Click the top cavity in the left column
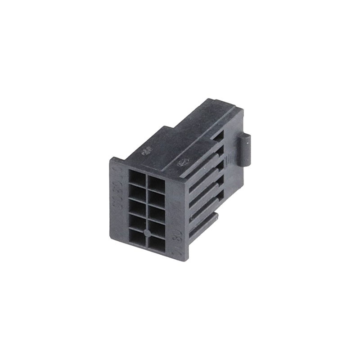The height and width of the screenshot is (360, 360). point(137,177)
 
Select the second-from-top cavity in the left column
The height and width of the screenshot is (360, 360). point(137,193)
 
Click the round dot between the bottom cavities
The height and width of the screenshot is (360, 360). point(147,233)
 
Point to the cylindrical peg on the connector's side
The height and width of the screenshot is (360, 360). point(243,150)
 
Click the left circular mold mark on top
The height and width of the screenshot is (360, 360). point(146,152)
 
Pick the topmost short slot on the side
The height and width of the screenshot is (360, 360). point(218,137)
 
